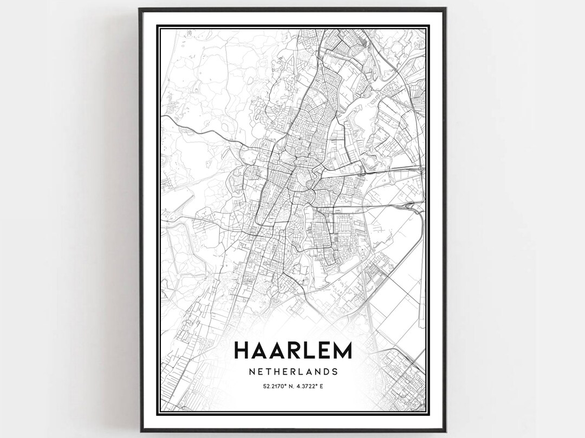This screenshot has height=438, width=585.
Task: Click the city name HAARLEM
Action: point(292,350)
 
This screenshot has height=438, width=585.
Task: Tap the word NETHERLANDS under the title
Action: point(292,372)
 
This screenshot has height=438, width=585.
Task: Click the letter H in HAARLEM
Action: point(242,350)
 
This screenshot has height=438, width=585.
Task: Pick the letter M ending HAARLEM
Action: point(342,350)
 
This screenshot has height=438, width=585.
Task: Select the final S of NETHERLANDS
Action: point(335,372)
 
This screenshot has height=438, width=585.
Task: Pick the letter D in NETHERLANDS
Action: point(327,372)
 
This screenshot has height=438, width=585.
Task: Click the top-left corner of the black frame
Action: point(140,9)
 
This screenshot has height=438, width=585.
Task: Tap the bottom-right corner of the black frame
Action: point(445,431)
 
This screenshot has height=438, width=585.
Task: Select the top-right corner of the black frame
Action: point(445,9)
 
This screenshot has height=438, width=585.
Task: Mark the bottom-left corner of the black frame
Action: point(140,431)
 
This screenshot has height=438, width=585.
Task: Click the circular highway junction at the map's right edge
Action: point(421,170)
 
